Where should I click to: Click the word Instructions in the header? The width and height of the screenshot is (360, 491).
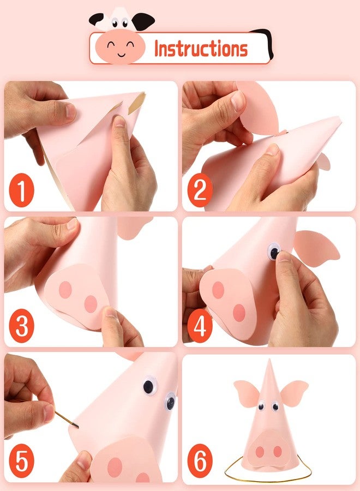pos(201,49)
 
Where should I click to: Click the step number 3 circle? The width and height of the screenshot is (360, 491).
pos(21,328)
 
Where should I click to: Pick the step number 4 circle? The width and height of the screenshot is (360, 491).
pos(200,328)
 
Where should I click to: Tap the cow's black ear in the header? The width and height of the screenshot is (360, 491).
pos(143,21)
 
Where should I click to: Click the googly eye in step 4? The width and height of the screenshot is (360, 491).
pos(274,252)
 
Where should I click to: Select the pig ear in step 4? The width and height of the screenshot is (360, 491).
pos(316,246)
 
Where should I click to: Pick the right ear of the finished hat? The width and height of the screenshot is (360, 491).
pos(295,391)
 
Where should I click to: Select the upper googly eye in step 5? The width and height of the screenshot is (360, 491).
pos(148,387)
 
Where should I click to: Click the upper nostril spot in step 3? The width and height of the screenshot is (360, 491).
pos(66,290)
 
